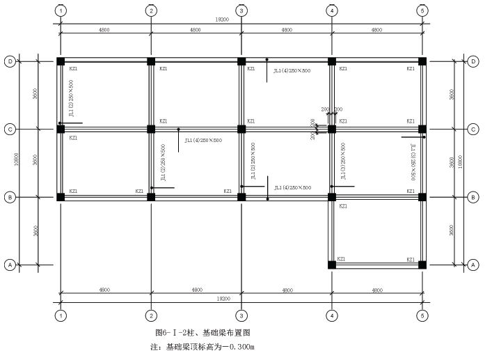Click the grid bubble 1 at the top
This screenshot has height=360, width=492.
pos(61,11)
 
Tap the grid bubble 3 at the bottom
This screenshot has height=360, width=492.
pos(241,315)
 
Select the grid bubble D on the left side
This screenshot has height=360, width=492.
pos(10,61)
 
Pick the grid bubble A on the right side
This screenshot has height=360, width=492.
pos(473,265)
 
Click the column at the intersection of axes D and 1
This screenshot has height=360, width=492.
pos(61,61)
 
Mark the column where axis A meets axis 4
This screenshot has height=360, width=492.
pos(332,265)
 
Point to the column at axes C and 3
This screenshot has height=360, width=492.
pos(241,129)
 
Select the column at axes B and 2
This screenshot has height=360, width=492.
pos(151,197)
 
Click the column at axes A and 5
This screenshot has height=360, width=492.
pos(422,265)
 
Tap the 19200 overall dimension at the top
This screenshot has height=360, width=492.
pos(241,20)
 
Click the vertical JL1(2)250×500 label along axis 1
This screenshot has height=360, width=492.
pos(71,98)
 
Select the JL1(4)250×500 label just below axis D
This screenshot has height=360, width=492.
pos(292,70)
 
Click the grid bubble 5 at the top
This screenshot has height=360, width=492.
pos(422,11)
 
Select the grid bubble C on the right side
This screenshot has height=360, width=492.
pos(473,129)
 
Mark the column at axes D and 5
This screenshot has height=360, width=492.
pos(422,61)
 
